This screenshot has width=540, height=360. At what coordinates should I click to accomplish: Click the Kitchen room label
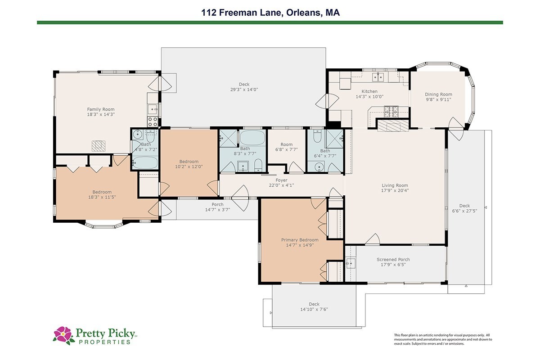coord(369,91)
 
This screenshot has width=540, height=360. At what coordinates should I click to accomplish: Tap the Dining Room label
coord(438,94)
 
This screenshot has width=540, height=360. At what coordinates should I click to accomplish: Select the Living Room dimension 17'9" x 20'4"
coord(395,190)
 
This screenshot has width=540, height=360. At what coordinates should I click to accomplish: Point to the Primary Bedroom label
coord(300,240)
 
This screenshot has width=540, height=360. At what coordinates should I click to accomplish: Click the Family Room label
coord(101,109)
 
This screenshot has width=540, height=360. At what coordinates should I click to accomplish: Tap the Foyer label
coord(281,180)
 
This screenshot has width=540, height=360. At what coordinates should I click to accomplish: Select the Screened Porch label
coord(393,260)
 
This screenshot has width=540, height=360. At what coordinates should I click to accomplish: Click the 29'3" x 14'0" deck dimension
coord(244,90)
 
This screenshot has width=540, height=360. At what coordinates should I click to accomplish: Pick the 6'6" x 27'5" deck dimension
coord(464,211)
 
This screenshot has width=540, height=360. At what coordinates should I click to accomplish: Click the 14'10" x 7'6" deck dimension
coord(314,309)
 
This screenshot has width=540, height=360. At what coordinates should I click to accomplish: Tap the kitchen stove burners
coord(391,112)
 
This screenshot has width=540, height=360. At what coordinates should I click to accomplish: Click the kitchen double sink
coord(378,77)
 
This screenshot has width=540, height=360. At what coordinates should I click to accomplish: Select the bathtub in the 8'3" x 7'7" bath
coord(252,138)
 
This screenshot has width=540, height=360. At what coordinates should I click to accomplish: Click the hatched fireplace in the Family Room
coord(99,146)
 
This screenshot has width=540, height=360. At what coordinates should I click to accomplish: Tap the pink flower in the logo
coord(63,334)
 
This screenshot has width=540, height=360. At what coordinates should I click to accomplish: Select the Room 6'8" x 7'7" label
coord(286,147)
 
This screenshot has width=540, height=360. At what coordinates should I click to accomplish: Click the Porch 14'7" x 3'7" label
coord(217,207)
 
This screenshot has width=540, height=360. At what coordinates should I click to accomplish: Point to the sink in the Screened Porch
coord(351,263)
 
